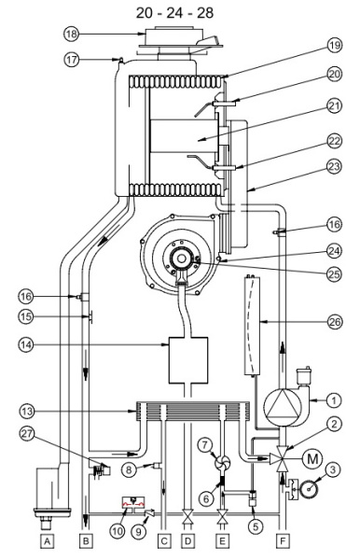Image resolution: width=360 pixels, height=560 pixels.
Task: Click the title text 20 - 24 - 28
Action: coord(174,13)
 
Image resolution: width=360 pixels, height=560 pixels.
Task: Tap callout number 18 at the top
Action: coord(72,34)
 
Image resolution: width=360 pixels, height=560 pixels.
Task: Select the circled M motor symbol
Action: coord(312,458)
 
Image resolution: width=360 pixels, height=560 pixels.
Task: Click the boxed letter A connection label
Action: coord(48,541)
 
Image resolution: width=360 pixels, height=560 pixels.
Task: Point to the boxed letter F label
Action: coord(283,541)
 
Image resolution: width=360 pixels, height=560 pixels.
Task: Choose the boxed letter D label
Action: coord(187,541)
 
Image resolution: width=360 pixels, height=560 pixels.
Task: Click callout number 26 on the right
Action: coord(335,322)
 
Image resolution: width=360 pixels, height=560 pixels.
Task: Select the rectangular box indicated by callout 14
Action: coord(187,360)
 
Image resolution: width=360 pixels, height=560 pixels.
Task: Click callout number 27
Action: coord(27,434)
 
